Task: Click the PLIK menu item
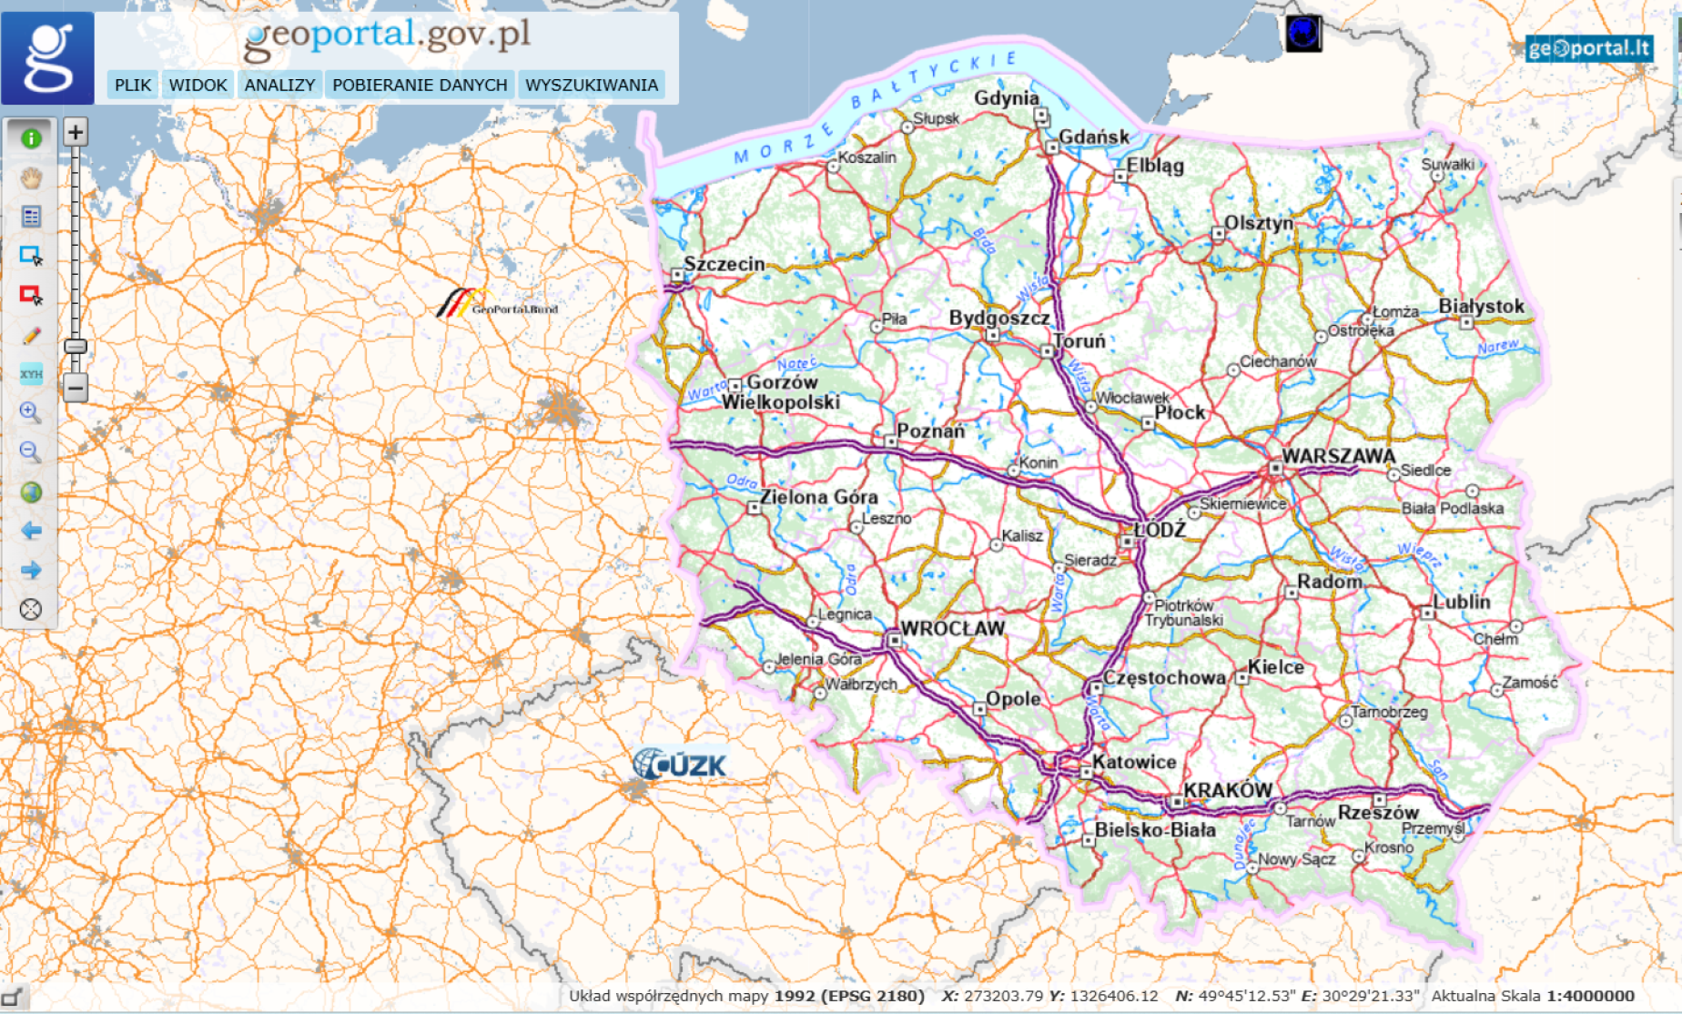click(133, 85)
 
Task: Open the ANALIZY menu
click(279, 85)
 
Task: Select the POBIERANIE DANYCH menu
click(420, 85)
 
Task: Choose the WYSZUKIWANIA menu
click(592, 85)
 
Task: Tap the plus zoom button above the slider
click(76, 132)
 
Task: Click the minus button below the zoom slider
click(76, 388)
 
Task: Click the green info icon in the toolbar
click(31, 138)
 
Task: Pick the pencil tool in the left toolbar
click(31, 336)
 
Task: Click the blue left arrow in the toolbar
click(31, 531)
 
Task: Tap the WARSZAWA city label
click(1338, 456)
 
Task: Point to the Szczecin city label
click(724, 264)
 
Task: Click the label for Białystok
click(1481, 307)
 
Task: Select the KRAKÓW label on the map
click(1227, 790)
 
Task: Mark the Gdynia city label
click(1006, 98)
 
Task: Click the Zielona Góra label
click(819, 497)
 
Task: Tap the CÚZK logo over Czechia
click(681, 765)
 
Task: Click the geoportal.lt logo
click(1588, 48)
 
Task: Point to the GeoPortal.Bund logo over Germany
click(496, 304)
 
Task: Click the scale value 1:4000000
click(1590, 996)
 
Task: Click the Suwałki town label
click(1447, 164)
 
